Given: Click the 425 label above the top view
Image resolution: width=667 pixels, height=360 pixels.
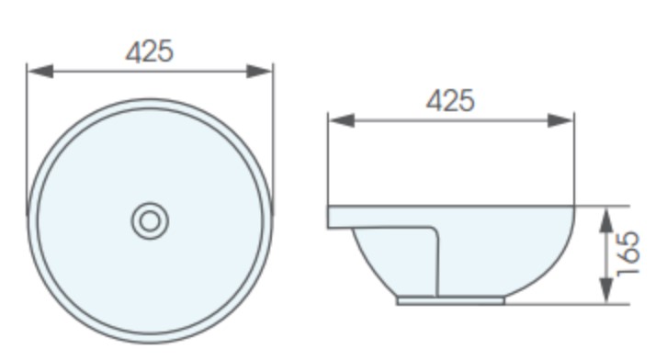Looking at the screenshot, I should [149, 51].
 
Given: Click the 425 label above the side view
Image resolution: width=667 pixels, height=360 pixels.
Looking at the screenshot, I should [450, 100].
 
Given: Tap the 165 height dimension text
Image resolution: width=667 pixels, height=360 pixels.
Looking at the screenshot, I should [629, 254].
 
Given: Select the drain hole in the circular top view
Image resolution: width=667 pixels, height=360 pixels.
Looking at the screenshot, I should [149, 220].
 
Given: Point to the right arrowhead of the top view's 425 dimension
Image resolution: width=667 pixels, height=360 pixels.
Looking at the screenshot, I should [266, 71].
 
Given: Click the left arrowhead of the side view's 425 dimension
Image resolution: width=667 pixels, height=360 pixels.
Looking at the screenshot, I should [336, 119].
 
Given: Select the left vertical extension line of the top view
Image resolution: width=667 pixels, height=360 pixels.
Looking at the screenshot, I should [28, 138].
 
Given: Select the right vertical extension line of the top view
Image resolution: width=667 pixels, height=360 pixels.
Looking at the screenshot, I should [274, 138].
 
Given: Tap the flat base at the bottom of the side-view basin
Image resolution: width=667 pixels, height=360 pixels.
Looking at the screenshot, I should [450, 299].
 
